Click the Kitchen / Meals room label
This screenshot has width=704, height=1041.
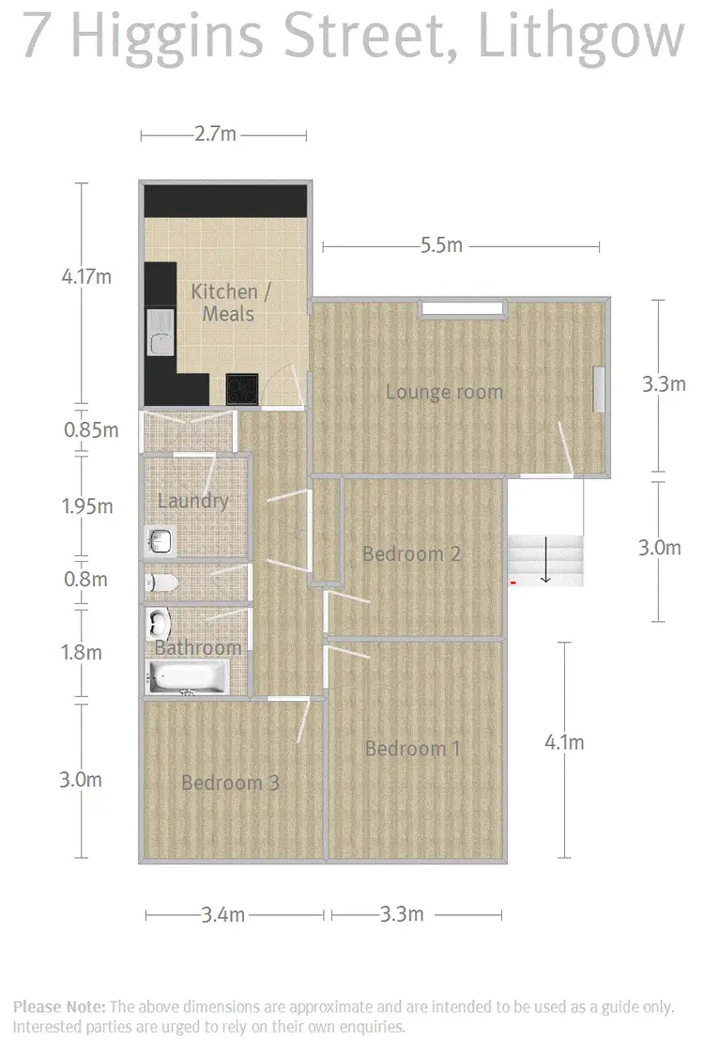point(230,302)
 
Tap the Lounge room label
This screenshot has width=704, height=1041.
point(444,392)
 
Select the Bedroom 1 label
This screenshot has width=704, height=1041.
point(413,749)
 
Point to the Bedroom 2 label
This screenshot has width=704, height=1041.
point(411,554)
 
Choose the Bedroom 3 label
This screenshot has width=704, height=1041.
point(230,783)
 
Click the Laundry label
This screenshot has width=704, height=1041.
point(192,501)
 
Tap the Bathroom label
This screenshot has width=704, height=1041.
point(198,648)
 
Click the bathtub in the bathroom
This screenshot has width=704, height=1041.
point(188,676)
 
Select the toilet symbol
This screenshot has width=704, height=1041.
point(161,583)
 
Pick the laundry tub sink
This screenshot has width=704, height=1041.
point(161,540)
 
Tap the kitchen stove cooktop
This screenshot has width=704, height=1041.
point(241,388)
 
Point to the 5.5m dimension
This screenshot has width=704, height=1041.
point(441,246)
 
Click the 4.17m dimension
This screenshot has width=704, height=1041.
point(86,277)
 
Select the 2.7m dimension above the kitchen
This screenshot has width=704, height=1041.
point(215,134)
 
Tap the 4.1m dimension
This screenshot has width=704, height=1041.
point(564,742)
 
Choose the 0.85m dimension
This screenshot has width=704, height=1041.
point(91,430)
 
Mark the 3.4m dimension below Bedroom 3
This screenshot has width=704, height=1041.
point(224,913)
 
